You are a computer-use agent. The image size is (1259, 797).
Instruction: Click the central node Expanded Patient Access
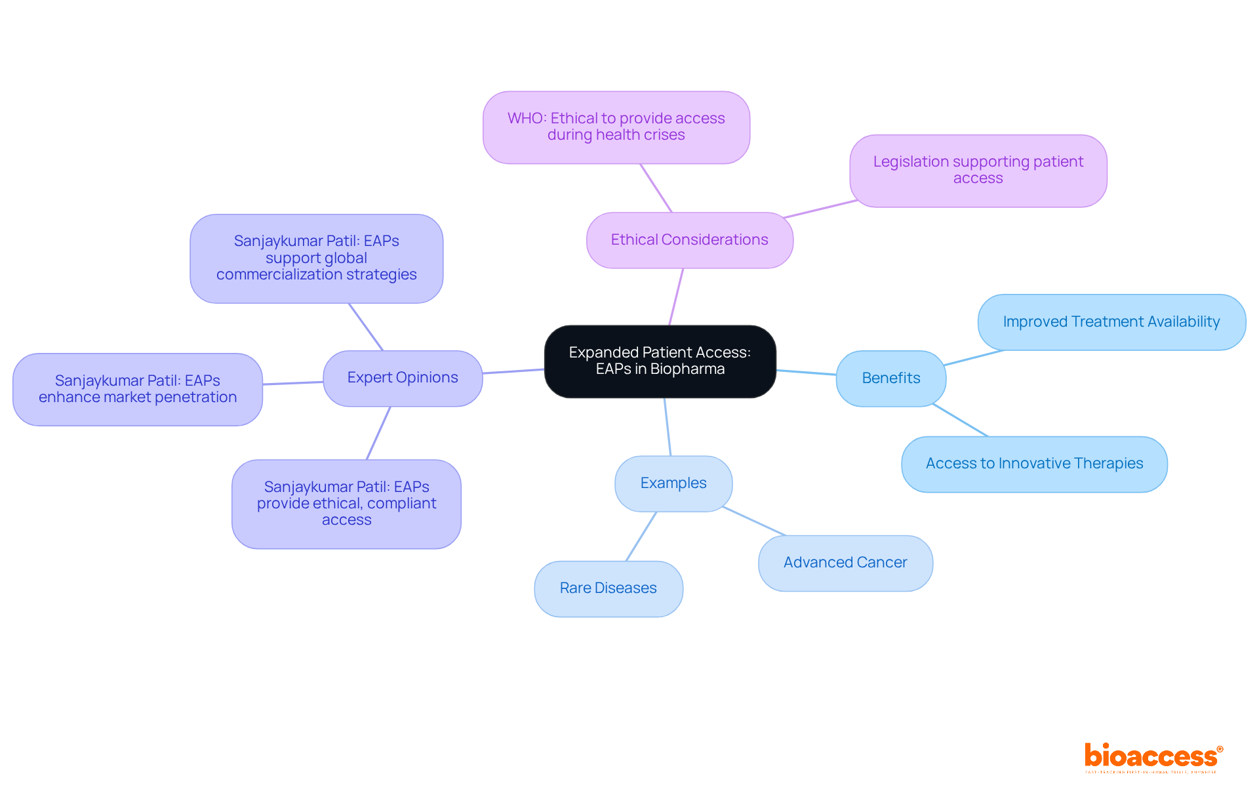point(660,361)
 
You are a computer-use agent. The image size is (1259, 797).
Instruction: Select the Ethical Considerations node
point(689,240)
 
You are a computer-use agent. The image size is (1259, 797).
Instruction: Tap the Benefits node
point(890,378)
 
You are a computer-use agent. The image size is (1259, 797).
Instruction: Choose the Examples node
point(673,483)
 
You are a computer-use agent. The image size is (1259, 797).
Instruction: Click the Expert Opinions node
point(402,378)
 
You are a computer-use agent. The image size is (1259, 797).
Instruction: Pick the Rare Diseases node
point(608,588)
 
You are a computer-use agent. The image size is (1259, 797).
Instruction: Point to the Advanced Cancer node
point(845,563)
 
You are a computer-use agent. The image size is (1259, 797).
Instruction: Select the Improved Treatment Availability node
point(1111,322)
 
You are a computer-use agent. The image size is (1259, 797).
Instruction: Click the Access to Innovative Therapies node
point(1034,464)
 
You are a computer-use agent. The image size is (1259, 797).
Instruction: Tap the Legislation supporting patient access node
point(978,171)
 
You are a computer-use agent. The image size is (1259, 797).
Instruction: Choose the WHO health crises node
point(616,127)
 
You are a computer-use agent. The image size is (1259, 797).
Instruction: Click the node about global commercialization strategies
point(316,258)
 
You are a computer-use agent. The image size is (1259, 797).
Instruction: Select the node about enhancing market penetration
point(137,389)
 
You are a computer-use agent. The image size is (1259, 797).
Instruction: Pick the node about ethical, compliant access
point(346,504)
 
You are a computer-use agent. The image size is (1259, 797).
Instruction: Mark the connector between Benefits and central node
point(806,373)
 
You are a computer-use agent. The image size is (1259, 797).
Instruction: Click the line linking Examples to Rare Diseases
point(641,537)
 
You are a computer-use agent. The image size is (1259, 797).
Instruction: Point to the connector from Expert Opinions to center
point(513,371)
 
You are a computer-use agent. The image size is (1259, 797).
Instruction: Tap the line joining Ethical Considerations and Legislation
point(820,209)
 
